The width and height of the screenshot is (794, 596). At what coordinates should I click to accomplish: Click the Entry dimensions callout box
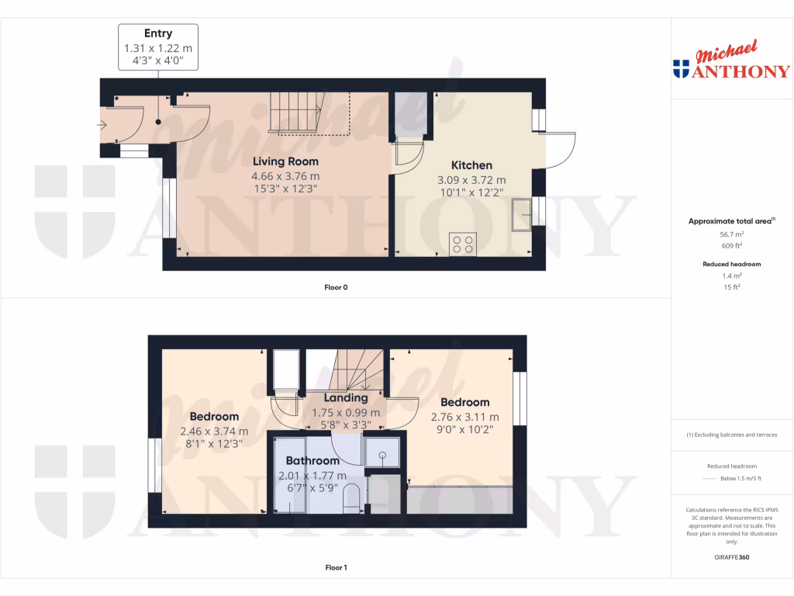[x=158, y=47]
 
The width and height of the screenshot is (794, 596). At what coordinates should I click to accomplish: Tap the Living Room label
[x=285, y=161]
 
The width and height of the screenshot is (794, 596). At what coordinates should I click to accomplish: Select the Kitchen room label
[x=471, y=165]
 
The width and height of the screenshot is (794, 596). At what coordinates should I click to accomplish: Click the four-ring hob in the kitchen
[x=464, y=244]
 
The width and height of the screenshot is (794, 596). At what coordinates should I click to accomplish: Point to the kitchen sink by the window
[x=522, y=215]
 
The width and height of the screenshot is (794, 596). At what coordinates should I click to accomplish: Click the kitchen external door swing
[x=560, y=150]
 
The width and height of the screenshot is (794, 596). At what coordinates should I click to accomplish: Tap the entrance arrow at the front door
[x=103, y=124]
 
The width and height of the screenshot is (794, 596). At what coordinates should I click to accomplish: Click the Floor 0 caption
[x=336, y=287]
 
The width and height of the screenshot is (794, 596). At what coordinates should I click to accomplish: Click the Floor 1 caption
[x=336, y=568]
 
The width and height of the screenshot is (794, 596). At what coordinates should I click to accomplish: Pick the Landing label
[x=345, y=398]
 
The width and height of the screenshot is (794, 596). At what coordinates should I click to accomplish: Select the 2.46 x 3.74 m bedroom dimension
[x=214, y=431]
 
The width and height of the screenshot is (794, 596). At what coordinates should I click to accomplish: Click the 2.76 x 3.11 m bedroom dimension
[x=465, y=417]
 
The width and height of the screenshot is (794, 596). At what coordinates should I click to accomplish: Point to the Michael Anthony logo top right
[x=732, y=61]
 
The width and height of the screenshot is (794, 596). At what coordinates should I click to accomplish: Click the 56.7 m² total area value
[x=731, y=234]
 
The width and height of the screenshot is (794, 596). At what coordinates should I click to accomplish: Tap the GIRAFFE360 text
[x=732, y=557]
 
